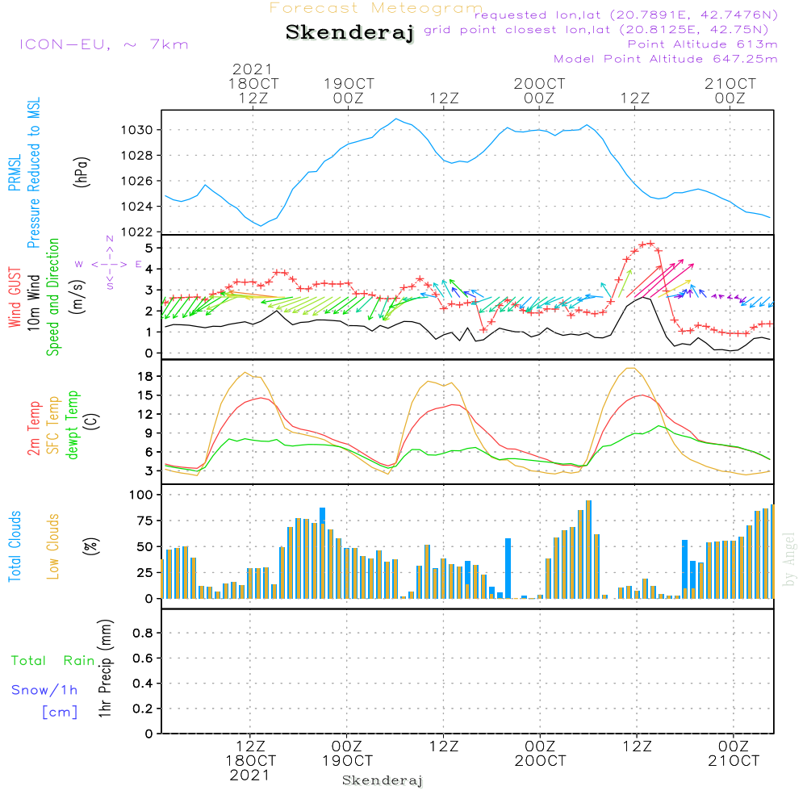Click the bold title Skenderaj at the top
[x=349, y=32]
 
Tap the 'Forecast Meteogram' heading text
[x=376, y=8]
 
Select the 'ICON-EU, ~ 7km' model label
[x=103, y=44]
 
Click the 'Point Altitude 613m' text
[x=702, y=44]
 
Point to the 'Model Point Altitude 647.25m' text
[x=666, y=59]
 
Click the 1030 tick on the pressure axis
[x=138, y=130]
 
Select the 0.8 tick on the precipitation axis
[x=143, y=633]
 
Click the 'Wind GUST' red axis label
[x=15, y=299]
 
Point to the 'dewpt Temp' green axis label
[x=73, y=426]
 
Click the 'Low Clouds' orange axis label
[x=54, y=546]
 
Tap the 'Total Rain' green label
[x=52, y=661]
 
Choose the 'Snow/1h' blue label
[x=45, y=690]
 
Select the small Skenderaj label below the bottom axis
[x=383, y=780]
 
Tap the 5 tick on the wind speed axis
[x=148, y=248]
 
